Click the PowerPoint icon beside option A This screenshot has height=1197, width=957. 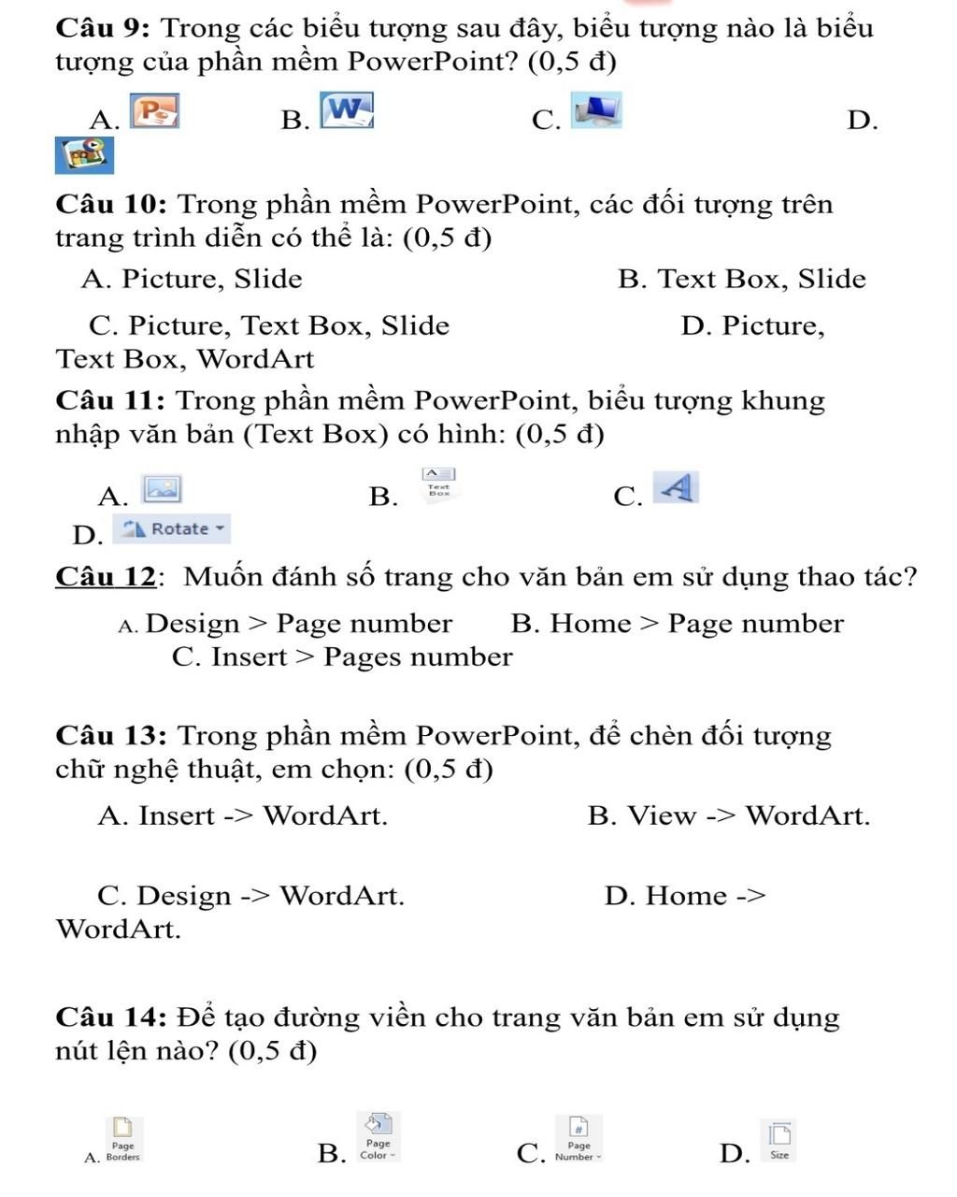(153, 110)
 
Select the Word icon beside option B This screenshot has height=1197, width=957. (347, 109)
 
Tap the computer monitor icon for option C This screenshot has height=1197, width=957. (596, 110)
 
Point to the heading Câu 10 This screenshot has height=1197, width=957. (112, 204)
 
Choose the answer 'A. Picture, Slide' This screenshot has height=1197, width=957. (192, 279)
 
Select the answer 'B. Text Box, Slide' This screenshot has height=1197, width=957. (742, 279)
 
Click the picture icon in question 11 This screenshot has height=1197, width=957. (162, 487)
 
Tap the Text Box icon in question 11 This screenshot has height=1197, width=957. (438, 483)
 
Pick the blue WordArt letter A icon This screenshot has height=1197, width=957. (676, 487)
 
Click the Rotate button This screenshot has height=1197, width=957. (172, 529)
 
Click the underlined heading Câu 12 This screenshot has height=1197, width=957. (105, 576)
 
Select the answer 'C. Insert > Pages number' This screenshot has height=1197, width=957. (342, 656)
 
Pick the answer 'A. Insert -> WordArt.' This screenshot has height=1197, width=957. (242, 815)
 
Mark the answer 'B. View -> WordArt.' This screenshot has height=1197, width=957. (729, 815)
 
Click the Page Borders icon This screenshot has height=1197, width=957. (122, 1137)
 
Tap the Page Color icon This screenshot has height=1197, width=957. (379, 1134)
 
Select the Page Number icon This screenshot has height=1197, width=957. (579, 1136)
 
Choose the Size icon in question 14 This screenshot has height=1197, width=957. (779, 1140)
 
